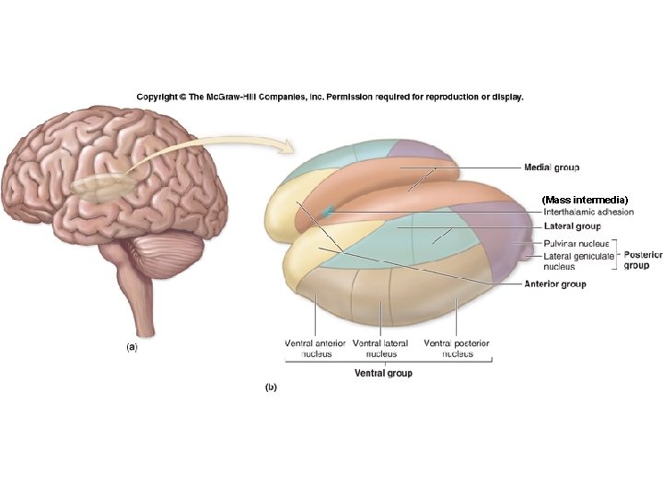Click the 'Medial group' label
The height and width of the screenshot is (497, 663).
552,168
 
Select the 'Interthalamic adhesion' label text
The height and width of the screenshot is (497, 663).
588,212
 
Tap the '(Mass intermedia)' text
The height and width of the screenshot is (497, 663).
585,200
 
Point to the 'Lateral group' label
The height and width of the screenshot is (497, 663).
572,226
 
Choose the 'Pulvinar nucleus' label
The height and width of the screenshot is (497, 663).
576,243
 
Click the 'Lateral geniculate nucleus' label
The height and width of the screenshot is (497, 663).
578,261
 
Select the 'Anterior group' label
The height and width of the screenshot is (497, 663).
554,284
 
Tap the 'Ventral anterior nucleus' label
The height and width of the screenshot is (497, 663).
316,349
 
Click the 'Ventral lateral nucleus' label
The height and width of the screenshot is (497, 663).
380,349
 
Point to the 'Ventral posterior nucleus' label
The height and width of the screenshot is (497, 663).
457,349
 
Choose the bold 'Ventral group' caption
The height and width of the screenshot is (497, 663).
383,373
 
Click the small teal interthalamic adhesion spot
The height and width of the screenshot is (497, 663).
328,210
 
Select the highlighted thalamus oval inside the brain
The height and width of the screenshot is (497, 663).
103,186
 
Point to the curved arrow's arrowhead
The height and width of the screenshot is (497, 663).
287,146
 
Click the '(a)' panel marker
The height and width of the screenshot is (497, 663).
132,347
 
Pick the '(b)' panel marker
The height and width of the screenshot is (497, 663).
271,387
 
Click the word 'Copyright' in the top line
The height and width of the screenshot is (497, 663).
157,97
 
